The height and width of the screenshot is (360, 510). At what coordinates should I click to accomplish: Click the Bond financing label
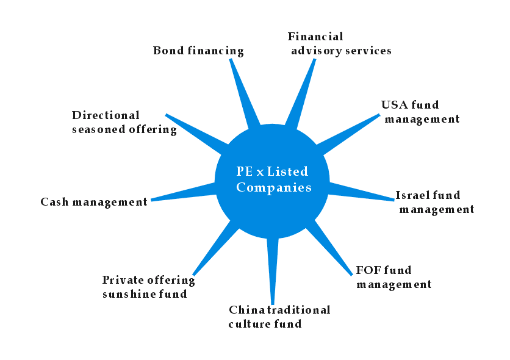(198, 51)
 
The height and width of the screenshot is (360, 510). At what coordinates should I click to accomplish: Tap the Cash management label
(94, 202)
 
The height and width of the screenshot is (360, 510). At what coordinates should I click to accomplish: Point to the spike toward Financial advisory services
(303, 92)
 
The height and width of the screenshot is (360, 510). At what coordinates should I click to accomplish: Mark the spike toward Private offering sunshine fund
(214, 247)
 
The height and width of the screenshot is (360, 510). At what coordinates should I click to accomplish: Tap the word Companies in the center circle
(274, 187)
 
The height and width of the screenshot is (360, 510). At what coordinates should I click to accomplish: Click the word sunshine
(124, 294)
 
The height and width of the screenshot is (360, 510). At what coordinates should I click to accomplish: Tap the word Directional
(106, 115)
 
